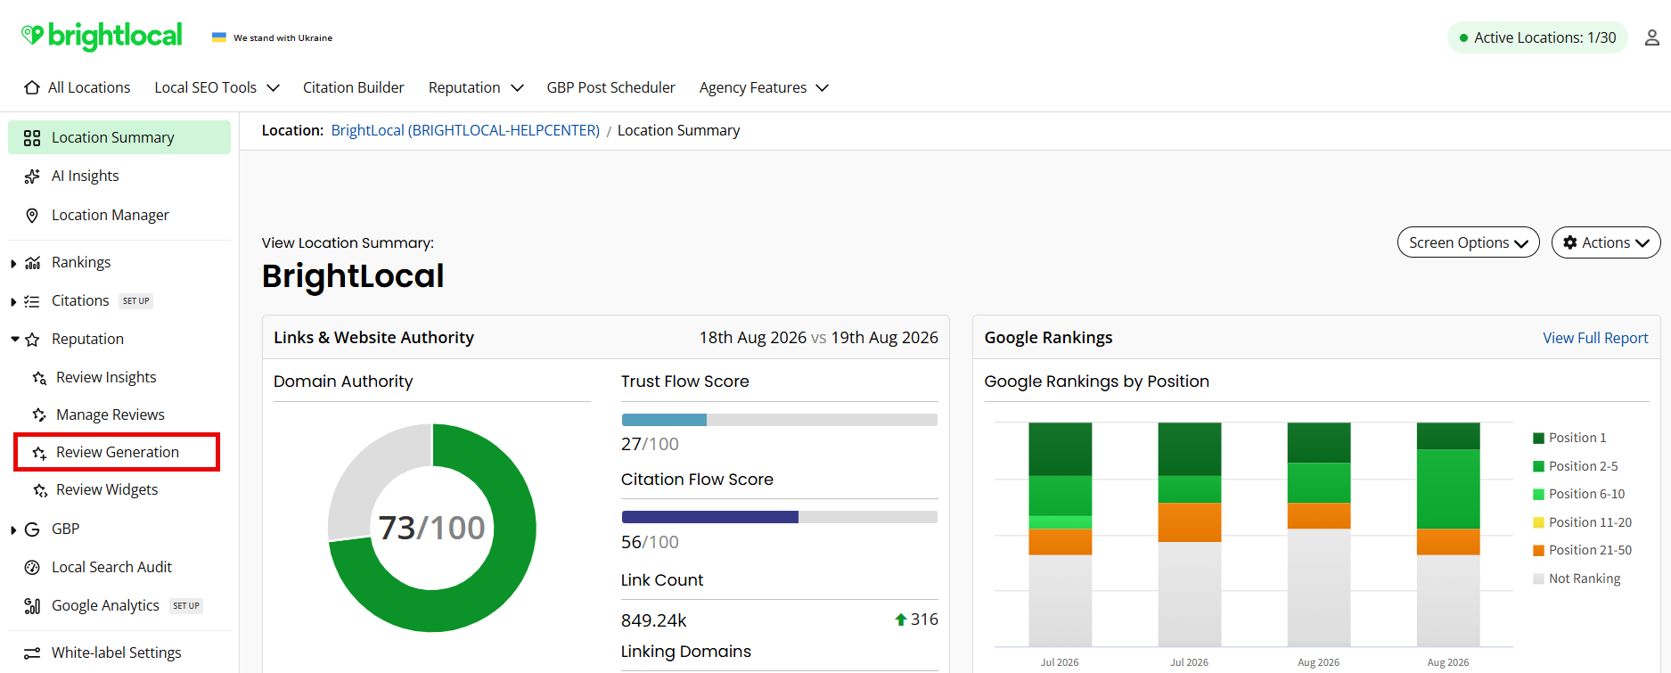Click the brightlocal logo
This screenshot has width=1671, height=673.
pyautogui.click(x=102, y=36)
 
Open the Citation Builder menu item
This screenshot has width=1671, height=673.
pyautogui.click(x=353, y=87)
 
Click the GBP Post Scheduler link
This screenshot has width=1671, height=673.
pyautogui.click(x=610, y=87)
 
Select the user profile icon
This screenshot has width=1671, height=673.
pyautogui.click(x=1651, y=37)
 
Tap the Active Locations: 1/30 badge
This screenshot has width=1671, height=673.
pyautogui.click(x=1537, y=37)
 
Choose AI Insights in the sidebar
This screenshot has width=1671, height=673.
pyautogui.click(x=85, y=176)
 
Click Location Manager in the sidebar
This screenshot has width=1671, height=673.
pyautogui.click(x=110, y=215)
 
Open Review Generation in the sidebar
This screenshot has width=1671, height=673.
pyautogui.click(x=117, y=452)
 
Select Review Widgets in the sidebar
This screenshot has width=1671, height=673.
pyautogui.click(x=106, y=489)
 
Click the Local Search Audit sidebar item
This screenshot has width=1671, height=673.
pyautogui.click(x=111, y=567)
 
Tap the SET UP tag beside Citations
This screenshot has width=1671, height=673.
pyautogui.click(x=135, y=301)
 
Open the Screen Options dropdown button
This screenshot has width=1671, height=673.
pyautogui.click(x=1468, y=242)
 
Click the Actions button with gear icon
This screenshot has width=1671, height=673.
pyautogui.click(x=1606, y=242)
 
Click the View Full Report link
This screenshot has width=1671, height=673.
pyautogui.click(x=1595, y=338)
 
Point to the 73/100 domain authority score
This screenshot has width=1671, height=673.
pyautogui.click(x=431, y=528)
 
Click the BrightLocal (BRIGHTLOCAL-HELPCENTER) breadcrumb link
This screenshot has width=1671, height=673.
pyautogui.click(x=465, y=130)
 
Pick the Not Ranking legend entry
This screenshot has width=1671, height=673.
pyautogui.click(x=1577, y=579)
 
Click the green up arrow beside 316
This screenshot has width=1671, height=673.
pyautogui.click(x=901, y=620)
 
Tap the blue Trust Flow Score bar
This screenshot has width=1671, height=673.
pyautogui.click(x=664, y=420)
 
